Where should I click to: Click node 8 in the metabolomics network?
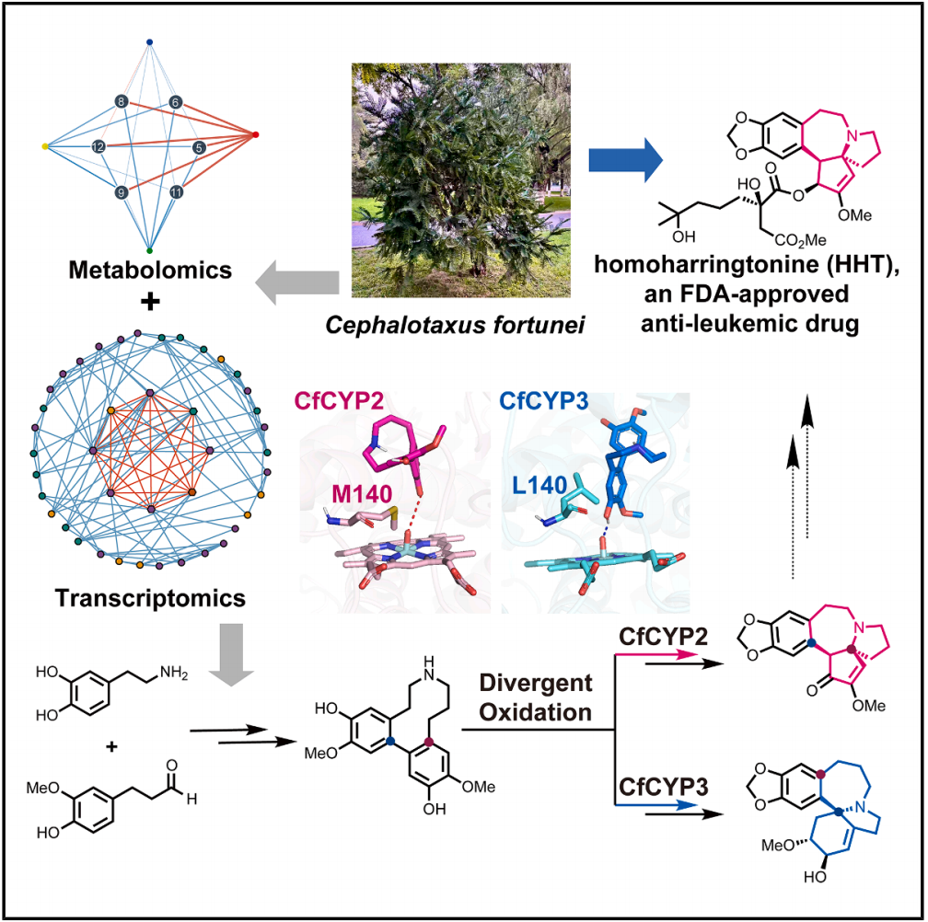point(122,102)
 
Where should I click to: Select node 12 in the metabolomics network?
point(99,146)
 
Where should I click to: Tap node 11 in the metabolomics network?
point(176,191)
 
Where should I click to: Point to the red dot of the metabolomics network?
point(256,135)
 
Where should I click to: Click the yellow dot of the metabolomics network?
point(45,146)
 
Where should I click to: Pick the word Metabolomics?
point(150,270)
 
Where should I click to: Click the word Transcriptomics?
point(150,598)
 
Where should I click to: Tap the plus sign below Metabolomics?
point(150,302)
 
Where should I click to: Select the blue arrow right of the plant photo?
point(626,160)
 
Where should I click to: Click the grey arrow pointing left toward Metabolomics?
point(297,282)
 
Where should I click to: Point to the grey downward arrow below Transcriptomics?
point(231,654)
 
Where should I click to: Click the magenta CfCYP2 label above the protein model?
point(339,401)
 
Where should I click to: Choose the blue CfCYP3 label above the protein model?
point(544,401)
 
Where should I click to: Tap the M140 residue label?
point(362,493)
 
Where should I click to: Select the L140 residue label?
point(539,485)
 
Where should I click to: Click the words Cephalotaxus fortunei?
point(455,325)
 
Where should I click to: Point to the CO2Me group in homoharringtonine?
point(800,240)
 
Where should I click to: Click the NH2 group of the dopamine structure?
point(173,673)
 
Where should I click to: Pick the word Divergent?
point(536,683)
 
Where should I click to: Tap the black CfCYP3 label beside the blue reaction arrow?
point(663,787)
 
